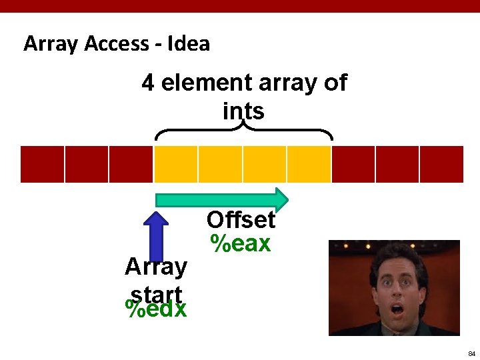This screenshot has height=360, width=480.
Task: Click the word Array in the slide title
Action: click(51, 44)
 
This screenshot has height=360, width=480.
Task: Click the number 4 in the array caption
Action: click(147, 83)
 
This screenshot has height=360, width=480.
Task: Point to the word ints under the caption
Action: click(243, 111)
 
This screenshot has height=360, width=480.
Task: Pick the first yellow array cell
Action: click(176, 164)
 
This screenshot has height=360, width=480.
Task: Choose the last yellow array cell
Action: click(309, 164)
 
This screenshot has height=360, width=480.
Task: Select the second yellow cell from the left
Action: click(220, 164)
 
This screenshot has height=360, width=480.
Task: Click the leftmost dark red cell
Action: click(43, 164)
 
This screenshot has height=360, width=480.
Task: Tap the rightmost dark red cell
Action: click(441, 164)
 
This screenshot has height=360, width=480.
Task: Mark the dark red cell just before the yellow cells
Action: click(131, 164)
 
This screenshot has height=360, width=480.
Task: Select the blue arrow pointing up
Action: click(157, 236)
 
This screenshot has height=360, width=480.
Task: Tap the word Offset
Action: click(241, 220)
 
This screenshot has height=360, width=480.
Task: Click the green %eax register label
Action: click(241, 244)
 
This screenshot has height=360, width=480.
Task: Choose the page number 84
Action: click(471, 353)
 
